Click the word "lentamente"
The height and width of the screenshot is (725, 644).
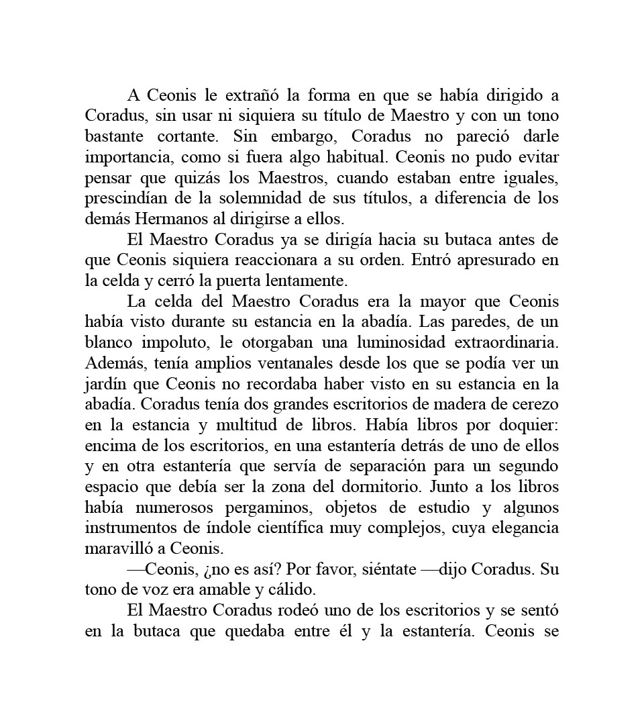click(311, 281)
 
